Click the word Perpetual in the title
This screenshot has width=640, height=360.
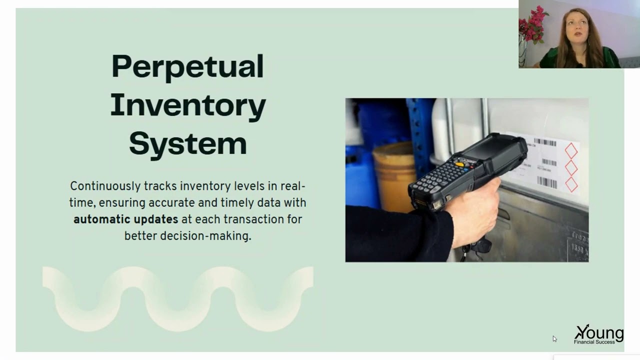tap(187, 66)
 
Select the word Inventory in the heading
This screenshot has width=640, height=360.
tap(187, 105)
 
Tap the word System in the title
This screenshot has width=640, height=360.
tap(187, 143)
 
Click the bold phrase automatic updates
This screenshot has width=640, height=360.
tap(125, 219)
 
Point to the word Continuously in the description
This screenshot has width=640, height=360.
tap(105, 186)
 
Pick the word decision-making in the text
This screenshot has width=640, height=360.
tap(205, 236)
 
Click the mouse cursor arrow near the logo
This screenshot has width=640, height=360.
tap(554, 338)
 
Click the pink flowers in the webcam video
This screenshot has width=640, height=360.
tap(533, 23)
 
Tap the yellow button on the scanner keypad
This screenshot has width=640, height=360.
tap(459, 164)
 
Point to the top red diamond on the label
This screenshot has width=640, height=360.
tap(571, 150)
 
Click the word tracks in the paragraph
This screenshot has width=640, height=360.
tap(160, 186)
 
